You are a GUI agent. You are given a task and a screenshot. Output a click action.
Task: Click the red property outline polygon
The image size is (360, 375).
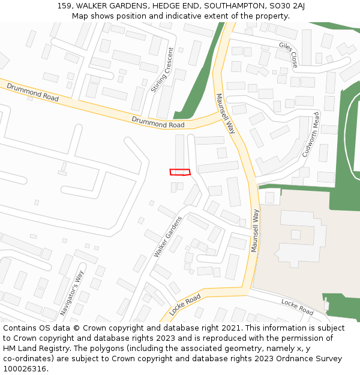pos(180,172)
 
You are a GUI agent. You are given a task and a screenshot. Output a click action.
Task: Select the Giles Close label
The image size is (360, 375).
pos(288,54)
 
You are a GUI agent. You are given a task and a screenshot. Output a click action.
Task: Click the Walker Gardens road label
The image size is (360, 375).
pos(167,237)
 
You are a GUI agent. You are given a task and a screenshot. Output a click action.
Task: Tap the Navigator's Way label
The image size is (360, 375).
pos(72,293)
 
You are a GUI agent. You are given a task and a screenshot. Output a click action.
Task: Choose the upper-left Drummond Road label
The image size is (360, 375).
pos(32,92)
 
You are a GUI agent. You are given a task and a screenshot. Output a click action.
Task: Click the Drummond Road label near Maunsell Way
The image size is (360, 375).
pos(158,122)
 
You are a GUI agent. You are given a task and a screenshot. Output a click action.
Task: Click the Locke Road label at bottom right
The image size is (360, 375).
pos(297,307)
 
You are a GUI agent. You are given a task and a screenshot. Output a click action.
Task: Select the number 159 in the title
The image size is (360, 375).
pos(65,6)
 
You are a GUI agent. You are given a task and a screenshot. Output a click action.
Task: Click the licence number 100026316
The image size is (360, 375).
pos(25,369)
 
